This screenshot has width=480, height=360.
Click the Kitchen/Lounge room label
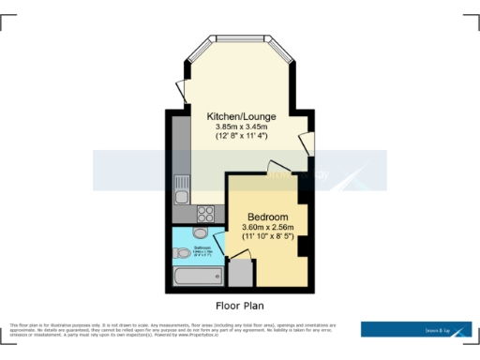click(241, 116)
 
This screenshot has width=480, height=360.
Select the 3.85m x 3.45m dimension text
click(241, 127)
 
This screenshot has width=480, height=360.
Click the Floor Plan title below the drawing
click(240, 306)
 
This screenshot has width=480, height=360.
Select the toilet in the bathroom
click(182, 252)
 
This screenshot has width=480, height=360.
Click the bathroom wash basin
click(199, 234)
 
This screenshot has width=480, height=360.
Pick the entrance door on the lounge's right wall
click(306, 144)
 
